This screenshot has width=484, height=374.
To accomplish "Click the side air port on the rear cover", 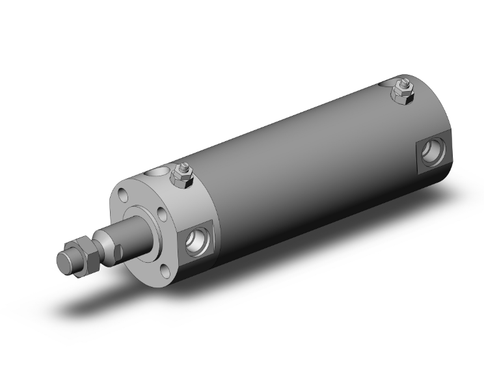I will (431, 152).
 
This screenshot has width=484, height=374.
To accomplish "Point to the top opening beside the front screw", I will (157, 172).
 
